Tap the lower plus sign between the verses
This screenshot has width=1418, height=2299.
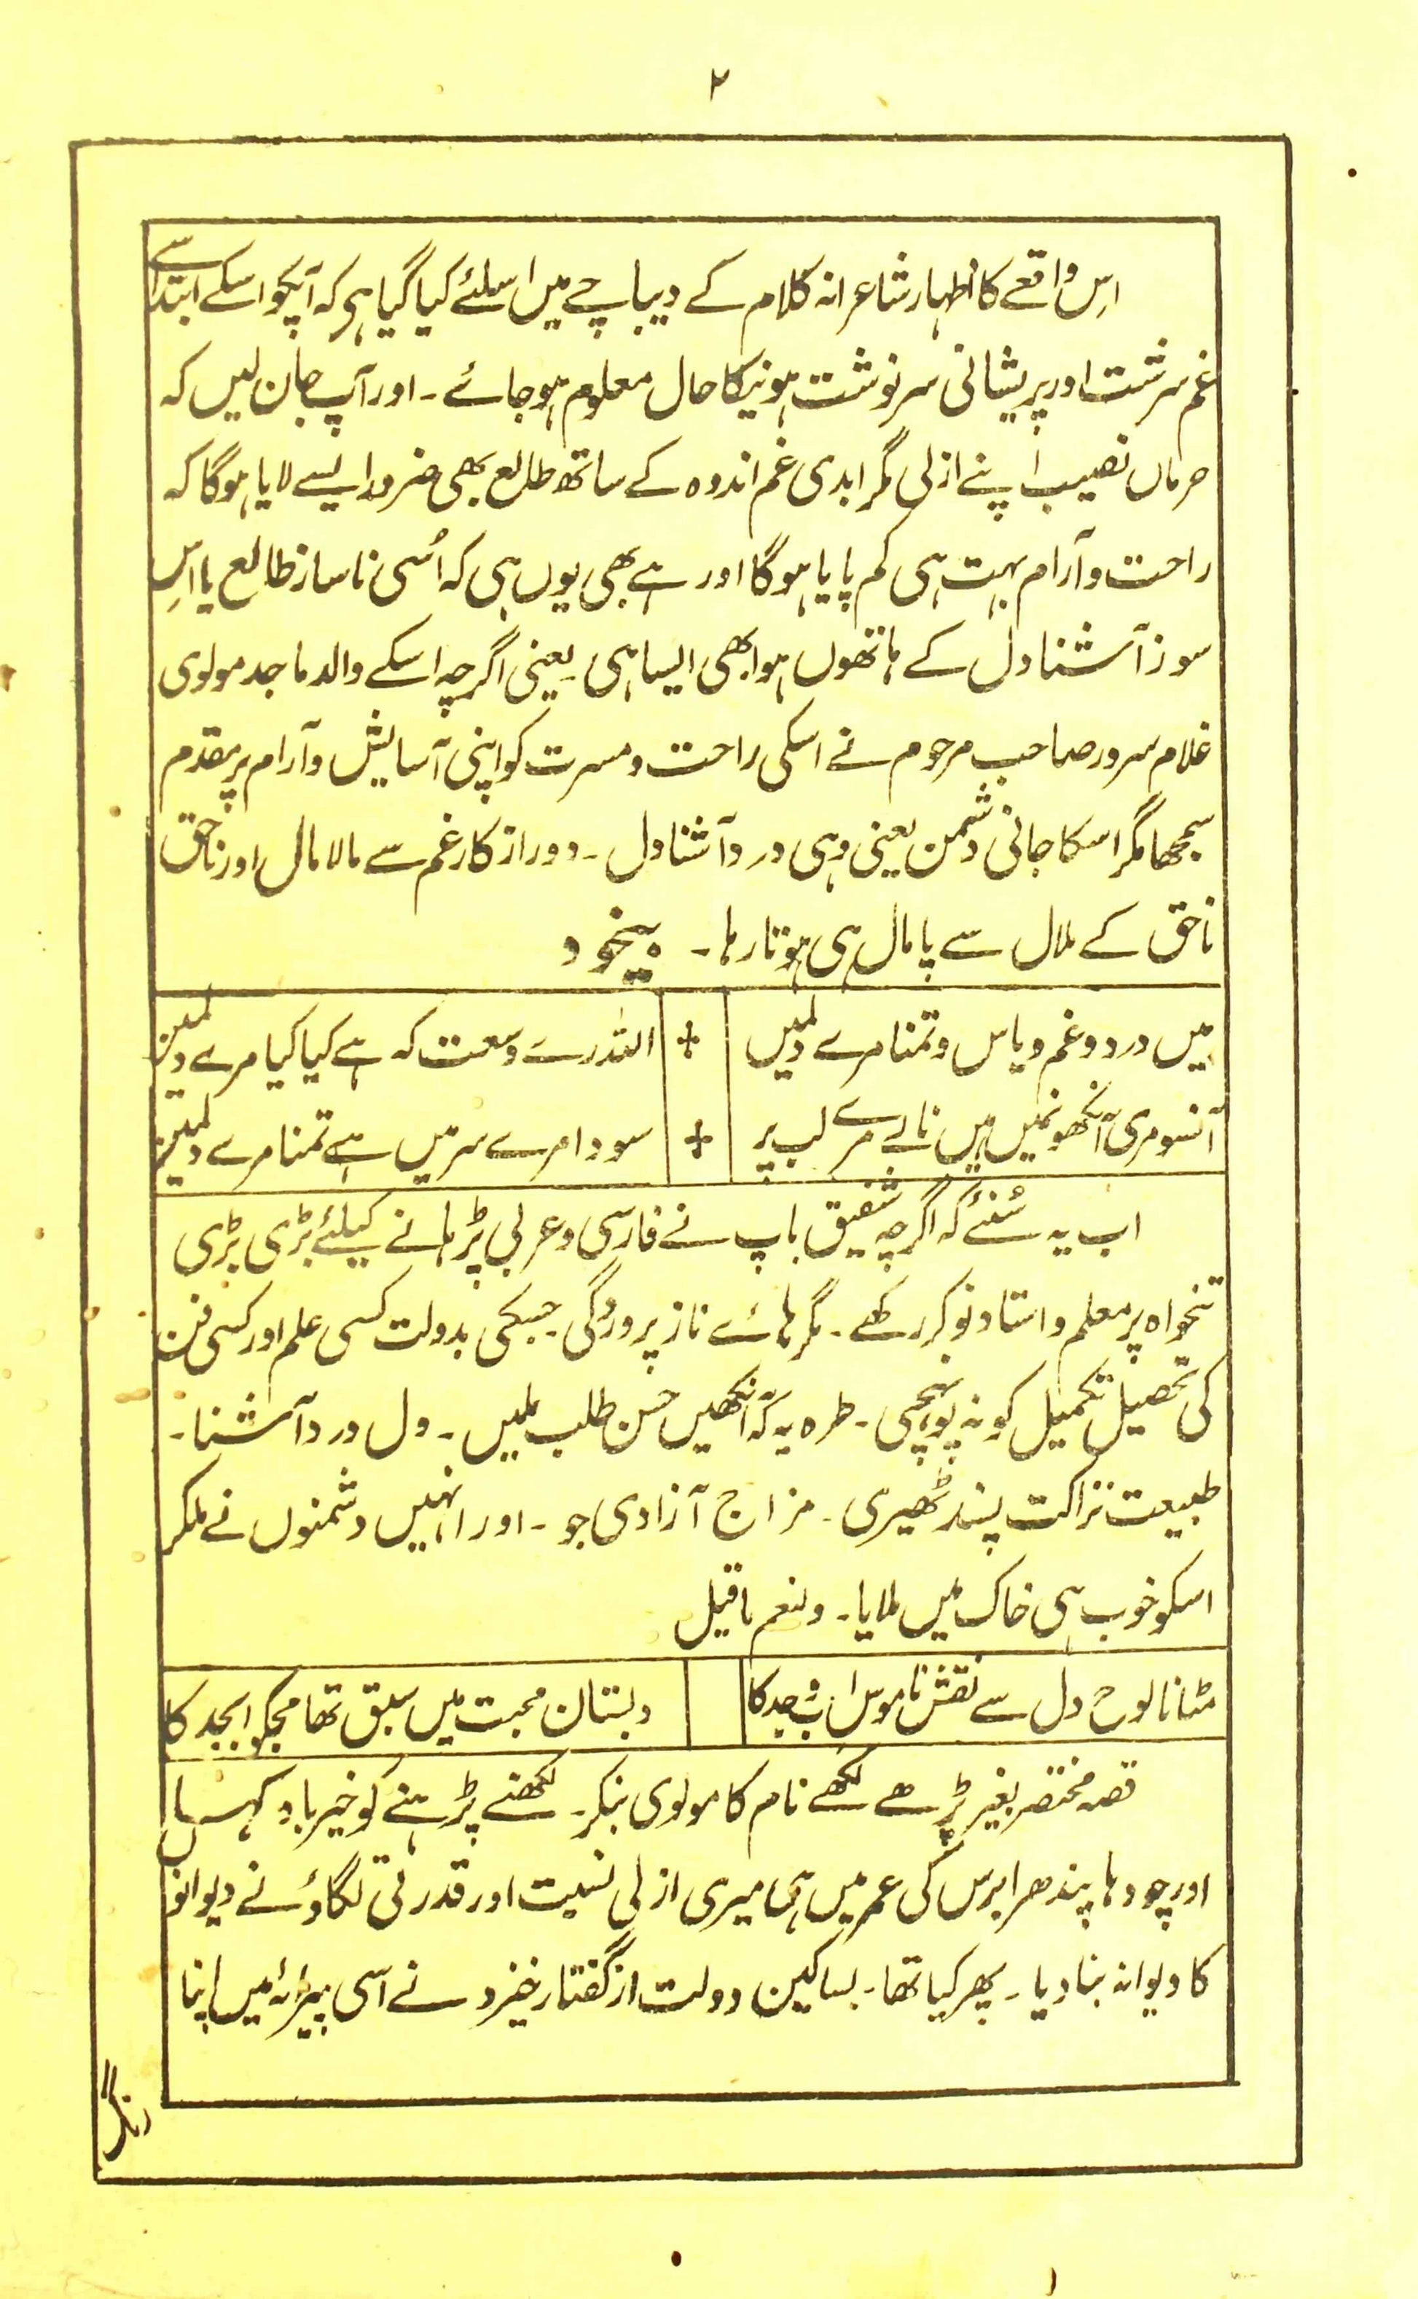point(696,1140)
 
